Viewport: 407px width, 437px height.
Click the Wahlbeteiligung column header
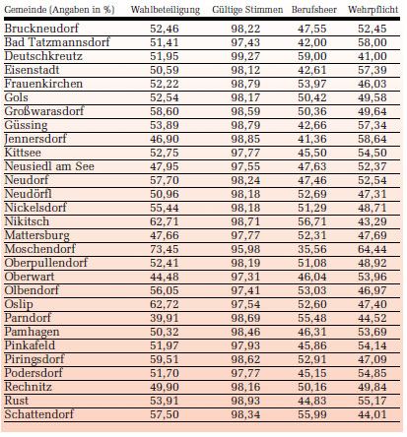[x=166, y=10]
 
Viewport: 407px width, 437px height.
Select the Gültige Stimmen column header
[x=247, y=10]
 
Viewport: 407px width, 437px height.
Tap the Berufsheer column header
[x=314, y=10]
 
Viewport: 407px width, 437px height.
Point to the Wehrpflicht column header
[x=373, y=10]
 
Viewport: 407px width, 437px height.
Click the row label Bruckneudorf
[x=41, y=29]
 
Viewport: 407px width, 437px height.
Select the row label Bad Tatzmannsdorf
[x=57, y=42]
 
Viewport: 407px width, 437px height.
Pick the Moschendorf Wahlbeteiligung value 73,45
[x=165, y=249]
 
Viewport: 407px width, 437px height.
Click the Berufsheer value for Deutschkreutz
[x=312, y=56]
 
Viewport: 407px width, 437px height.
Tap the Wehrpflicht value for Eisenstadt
[x=373, y=70]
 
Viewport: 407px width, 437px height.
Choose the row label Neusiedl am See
[x=49, y=166]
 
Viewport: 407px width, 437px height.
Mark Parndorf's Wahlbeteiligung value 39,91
[x=165, y=318]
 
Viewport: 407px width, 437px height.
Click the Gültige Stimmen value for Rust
[x=245, y=401]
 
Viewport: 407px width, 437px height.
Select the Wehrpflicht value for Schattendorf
[x=373, y=414]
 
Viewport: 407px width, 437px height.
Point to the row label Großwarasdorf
[x=44, y=111]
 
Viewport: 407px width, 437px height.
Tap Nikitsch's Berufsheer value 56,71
[x=312, y=221]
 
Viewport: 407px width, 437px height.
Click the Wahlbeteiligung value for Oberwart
[x=165, y=277]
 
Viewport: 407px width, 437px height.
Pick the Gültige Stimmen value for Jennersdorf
[x=245, y=139]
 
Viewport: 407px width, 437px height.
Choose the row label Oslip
[x=19, y=304]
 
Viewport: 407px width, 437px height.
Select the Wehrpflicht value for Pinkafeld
[x=373, y=345]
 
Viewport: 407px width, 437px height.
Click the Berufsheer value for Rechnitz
[x=312, y=387]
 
